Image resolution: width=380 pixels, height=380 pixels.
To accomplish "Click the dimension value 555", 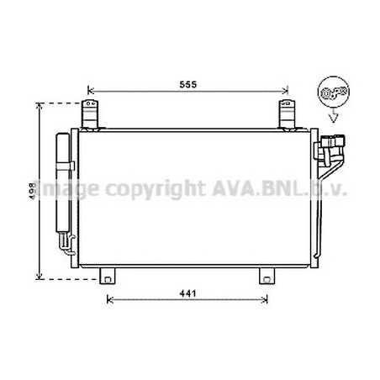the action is click(x=188, y=84).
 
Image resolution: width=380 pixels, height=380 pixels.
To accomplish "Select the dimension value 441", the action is click(x=188, y=293).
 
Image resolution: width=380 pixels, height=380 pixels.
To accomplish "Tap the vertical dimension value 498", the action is click(x=33, y=191).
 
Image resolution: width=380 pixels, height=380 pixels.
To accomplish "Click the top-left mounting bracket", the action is click(x=90, y=115).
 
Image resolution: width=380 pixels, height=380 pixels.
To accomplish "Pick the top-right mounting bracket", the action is click(x=287, y=115).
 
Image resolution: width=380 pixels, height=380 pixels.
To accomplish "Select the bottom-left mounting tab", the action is click(x=108, y=276).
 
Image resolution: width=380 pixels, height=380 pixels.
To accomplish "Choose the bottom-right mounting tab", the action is click(x=267, y=276).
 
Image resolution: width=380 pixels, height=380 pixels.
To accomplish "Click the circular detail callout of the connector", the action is click(x=334, y=92).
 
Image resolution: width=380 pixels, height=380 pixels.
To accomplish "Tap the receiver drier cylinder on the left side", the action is click(x=63, y=182).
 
